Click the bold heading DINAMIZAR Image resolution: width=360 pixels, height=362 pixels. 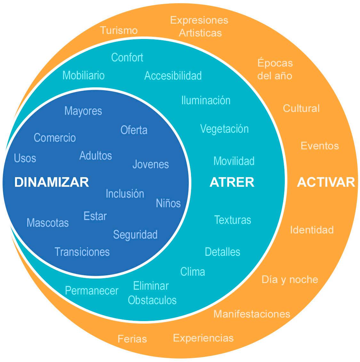point(52,182)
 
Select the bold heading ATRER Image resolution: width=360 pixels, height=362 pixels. point(232,182)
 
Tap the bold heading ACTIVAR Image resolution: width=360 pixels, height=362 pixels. point(326,182)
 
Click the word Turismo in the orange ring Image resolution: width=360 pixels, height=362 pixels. point(119,30)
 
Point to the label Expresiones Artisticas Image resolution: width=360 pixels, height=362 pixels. point(199,26)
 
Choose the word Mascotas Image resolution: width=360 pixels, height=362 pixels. point(48,223)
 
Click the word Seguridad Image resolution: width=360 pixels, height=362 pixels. point(135,234)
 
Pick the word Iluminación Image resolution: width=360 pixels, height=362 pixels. point(206,100)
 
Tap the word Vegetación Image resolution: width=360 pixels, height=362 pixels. point(224,129)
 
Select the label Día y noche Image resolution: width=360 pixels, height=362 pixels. point(290,279)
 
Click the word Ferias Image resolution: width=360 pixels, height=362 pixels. point(132,339)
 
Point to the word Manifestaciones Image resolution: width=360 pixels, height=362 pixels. point(252,314)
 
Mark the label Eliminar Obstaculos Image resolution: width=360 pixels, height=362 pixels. point(152,293)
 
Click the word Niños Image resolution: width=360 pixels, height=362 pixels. point(168,203)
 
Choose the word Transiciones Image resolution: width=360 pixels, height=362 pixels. point(82,252)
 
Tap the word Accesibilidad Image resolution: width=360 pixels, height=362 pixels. point(173,75)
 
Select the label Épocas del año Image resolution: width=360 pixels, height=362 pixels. point(275,69)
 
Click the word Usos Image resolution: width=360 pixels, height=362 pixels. point(25,158)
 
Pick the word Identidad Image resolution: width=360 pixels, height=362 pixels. point(312,230)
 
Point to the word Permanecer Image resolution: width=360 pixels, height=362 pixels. point(92,290)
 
